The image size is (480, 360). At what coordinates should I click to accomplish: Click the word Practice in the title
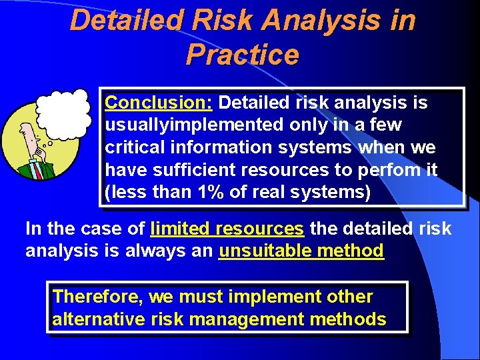click(x=243, y=55)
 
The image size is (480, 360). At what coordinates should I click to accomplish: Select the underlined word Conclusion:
click(x=159, y=103)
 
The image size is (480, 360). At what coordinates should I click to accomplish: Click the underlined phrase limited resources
click(x=227, y=229)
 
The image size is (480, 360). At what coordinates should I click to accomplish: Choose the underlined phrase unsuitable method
click(x=301, y=251)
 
